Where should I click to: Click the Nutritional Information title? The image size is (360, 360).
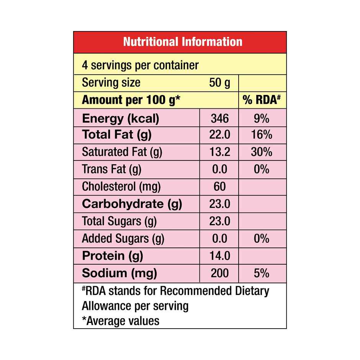pos(183,42)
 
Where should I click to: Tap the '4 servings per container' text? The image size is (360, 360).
pos(140,65)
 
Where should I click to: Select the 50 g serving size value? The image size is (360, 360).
pos(220,83)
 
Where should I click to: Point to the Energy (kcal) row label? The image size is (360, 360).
pos(121,118)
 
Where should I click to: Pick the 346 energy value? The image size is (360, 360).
pos(220,118)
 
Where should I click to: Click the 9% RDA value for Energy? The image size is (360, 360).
pos(262,118)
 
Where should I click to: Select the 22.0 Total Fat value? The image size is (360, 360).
pos(220,135)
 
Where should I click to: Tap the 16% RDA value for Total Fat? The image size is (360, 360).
pos(262,135)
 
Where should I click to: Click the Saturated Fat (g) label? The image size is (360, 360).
pos(122,152)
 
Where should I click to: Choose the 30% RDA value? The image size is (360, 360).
pos(262,152)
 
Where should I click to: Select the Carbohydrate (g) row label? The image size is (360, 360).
pos(132,204)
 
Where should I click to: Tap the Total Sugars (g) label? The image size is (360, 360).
pos(119,221)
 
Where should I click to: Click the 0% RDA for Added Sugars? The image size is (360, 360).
pos(262,239)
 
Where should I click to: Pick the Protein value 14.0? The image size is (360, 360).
pos(220,256)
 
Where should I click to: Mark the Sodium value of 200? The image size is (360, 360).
pos(220,273)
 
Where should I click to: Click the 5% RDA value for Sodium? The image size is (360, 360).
pos(262,273)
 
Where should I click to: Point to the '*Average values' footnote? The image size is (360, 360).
pos(121,320)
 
